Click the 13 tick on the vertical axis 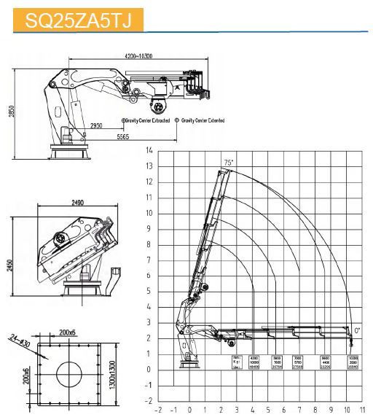point(149,166)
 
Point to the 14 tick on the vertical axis point(149,150)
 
